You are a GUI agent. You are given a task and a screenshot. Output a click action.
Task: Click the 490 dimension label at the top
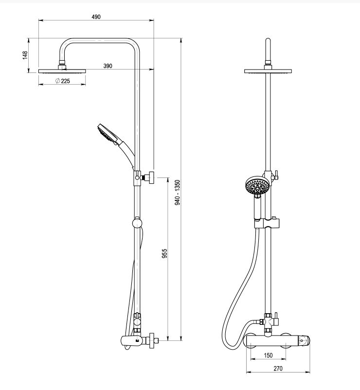pos(96,17)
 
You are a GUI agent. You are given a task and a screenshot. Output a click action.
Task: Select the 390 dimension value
pos(108,66)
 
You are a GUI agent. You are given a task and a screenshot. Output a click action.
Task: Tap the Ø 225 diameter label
pos(63,81)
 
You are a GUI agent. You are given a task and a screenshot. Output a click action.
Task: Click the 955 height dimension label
pos(165,253)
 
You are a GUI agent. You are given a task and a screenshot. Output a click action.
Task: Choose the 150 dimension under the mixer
pos(268,355)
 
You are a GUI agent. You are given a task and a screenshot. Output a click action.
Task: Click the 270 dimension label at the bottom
pos(277,369)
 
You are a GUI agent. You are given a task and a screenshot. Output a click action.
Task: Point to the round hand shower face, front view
pos(256,186)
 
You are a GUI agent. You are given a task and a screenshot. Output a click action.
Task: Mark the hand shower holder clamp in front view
pos(267,223)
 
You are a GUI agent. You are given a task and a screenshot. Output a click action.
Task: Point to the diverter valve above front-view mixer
pos(267,321)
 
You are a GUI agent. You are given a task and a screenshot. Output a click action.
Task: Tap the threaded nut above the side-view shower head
pos(62,63)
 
